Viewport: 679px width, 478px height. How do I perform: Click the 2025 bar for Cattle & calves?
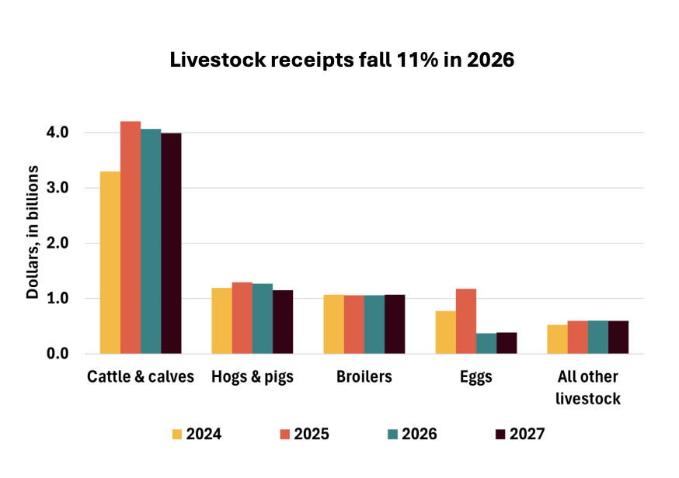point(131,237)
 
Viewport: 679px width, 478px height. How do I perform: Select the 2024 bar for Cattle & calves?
point(110,262)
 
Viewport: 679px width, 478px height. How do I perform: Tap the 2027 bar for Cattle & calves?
point(171,244)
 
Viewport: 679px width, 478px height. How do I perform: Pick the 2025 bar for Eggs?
point(466,321)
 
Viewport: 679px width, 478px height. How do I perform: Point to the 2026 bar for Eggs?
point(486,344)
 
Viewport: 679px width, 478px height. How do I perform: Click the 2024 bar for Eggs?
point(446,332)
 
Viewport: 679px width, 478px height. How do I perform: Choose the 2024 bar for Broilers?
point(334,324)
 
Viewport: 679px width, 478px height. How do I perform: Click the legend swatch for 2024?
point(176,434)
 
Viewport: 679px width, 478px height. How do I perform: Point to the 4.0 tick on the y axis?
point(80,133)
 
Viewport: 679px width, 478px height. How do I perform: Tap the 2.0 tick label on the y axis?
point(80,244)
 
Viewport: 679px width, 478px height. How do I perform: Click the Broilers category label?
point(364,378)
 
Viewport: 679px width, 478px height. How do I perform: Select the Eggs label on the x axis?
point(475,378)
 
